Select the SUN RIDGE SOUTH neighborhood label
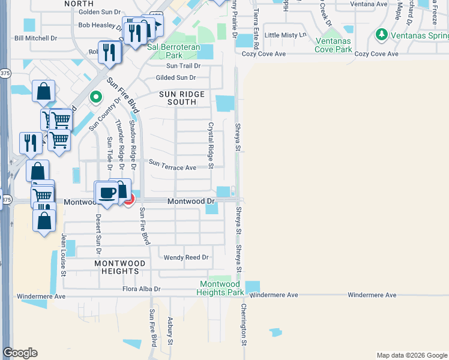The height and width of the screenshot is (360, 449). (x=182, y=98)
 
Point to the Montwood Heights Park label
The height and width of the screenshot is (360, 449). (x=220, y=288)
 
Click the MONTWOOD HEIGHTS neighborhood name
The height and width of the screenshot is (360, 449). (x=120, y=267)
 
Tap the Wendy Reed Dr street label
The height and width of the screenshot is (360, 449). (x=186, y=257)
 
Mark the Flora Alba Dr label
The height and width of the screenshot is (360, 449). (x=140, y=289)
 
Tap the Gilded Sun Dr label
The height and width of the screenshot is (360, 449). (x=176, y=78)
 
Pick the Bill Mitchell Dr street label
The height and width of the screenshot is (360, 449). (x=35, y=38)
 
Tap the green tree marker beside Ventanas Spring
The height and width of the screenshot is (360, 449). (x=381, y=35)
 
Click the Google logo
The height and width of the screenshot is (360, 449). (x=20, y=353)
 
